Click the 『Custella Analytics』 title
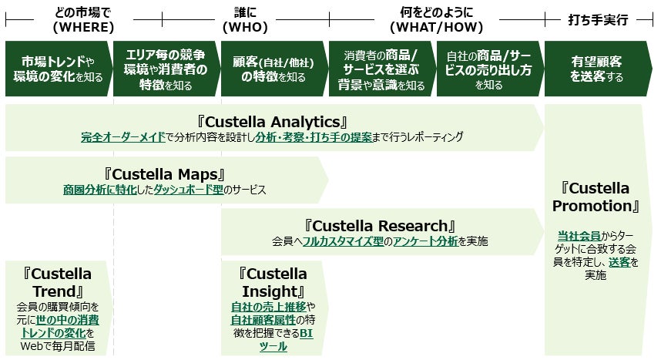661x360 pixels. pyautogui.click(x=274, y=121)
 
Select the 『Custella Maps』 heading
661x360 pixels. pyautogui.click(x=163, y=173)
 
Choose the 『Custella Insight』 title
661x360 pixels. pyautogui.click(x=273, y=282)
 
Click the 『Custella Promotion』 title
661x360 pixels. pyautogui.click(x=596, y=197)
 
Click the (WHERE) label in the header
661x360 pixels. pyautogui.click(x=83, y=27)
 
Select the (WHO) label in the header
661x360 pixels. pyautogui.click(x=244, y=27)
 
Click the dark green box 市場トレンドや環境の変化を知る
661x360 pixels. pyautogui.click(x=58, y=69)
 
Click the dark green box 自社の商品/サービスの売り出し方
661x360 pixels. pyautogui.click(x=488, y=69)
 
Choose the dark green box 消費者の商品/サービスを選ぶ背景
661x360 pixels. pyautogui.click(x=381, y=69)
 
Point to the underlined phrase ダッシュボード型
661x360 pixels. pyautogui.click(x=188, y=189)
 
